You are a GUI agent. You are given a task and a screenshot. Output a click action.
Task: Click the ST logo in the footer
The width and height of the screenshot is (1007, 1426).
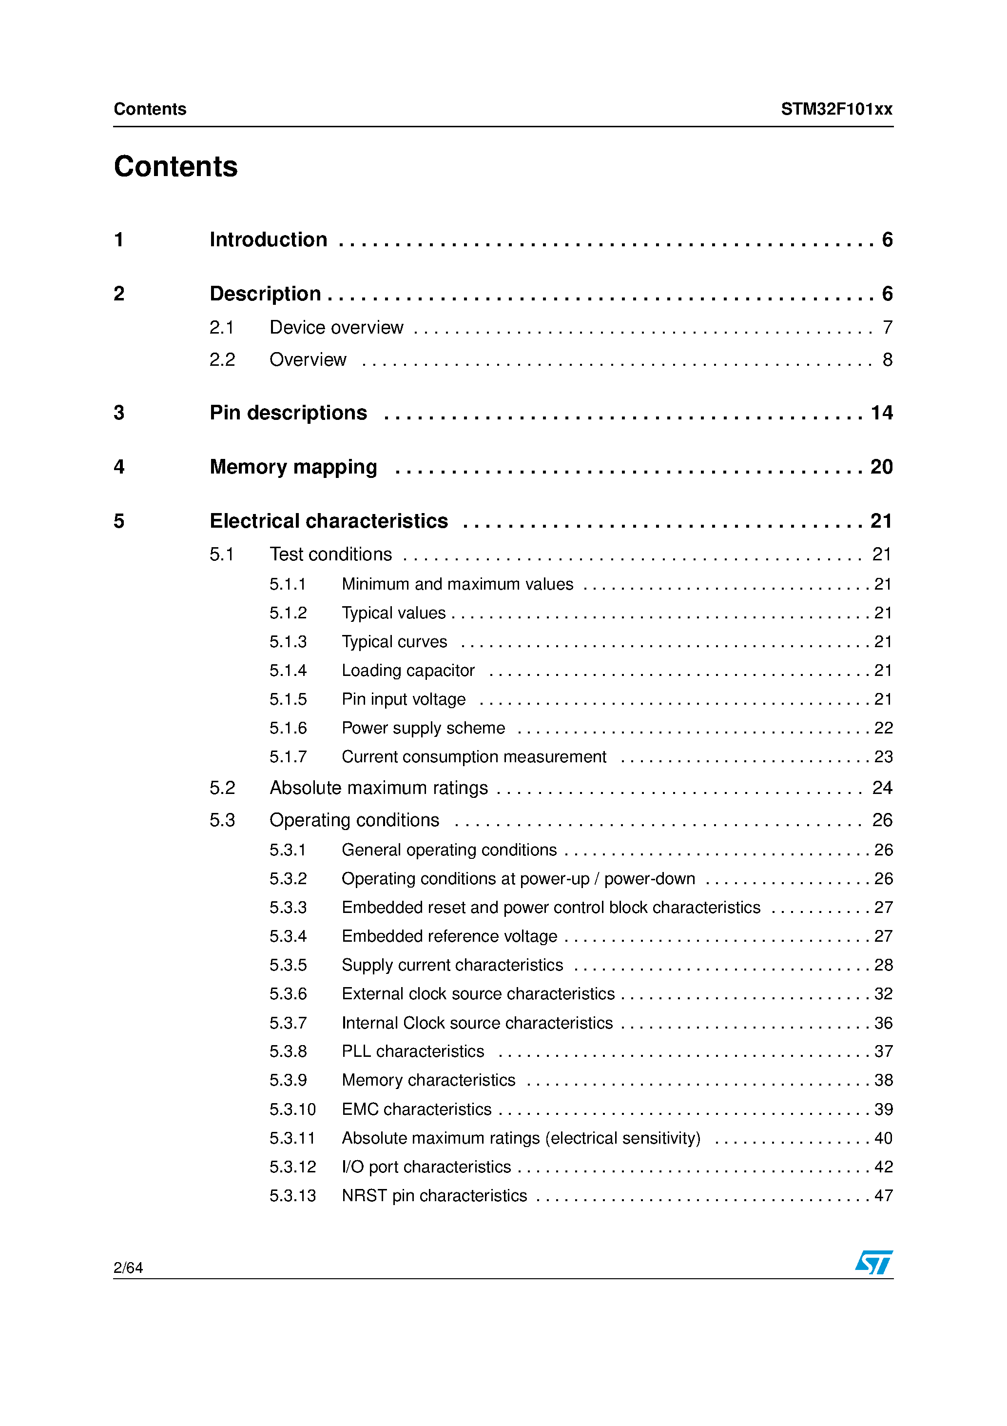pyautogui.click(x=873, y=1262)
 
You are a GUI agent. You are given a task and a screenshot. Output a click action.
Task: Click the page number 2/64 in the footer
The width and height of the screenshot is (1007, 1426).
pyautogui.click(x=128, y=1268)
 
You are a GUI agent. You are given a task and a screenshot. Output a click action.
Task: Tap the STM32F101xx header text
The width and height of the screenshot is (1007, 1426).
pyautogui.click(x=836, y=109)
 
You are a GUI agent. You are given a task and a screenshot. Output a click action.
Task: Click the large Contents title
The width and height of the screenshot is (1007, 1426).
pyautogui.click(x=175, y=166)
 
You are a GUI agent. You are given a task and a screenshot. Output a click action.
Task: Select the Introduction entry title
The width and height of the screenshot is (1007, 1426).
pyautogui.click(x=268, y=240)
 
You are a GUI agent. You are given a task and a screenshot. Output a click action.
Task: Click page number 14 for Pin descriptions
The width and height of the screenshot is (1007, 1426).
pyautogui.click(x=881, y=413)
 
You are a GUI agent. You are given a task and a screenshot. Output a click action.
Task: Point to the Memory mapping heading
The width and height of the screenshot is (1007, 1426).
pyautogui.click(x=293, y=467)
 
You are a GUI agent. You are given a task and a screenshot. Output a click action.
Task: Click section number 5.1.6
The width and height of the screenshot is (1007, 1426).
pyautogui.click(x=288, y=728)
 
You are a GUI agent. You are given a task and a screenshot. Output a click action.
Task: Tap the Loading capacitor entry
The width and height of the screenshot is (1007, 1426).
pyautogui.click(x=408, y=671)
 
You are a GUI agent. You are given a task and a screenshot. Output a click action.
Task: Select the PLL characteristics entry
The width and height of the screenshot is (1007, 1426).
pyautogui.click(x=413, y=1051)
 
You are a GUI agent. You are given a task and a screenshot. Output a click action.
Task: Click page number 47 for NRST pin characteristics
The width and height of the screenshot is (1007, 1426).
pyautogui.click(x=883, y=1196)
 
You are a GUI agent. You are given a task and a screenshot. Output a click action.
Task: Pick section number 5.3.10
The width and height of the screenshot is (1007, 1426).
pyautogui.click(x=292, y=1109)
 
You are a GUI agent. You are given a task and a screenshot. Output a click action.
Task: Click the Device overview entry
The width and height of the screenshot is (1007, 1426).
pyautogui.click(x=336, y=327)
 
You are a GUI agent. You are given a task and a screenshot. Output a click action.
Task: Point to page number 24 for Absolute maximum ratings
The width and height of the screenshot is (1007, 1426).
pyautogui.click(x=882, y=788)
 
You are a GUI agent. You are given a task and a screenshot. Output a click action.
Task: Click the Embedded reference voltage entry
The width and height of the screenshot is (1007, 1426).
pyautogui.click(x=449, y=936)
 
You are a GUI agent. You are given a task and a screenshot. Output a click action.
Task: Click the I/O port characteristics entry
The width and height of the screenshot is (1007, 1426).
pyautogui.click(x=426, y=1167)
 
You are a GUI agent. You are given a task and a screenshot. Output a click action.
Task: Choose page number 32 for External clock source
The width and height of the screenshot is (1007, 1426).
pyautogui.click(x=883, y=994)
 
